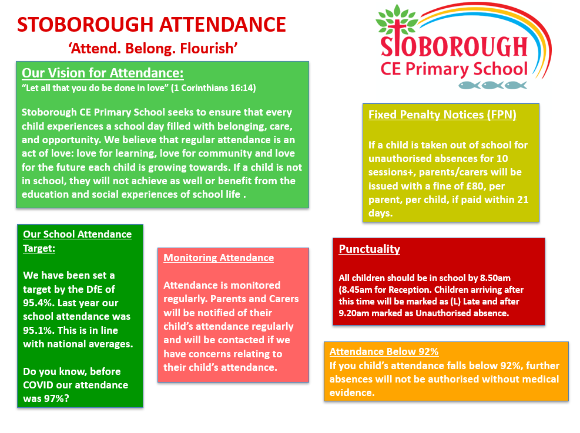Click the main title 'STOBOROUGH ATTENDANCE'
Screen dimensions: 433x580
152,25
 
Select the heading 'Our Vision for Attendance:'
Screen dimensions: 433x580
103,73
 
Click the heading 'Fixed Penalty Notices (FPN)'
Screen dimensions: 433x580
442,114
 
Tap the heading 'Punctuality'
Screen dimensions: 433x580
370,249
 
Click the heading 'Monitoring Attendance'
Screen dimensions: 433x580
219,258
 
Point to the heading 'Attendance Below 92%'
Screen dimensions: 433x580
384,352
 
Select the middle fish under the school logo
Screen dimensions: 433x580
492,85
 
